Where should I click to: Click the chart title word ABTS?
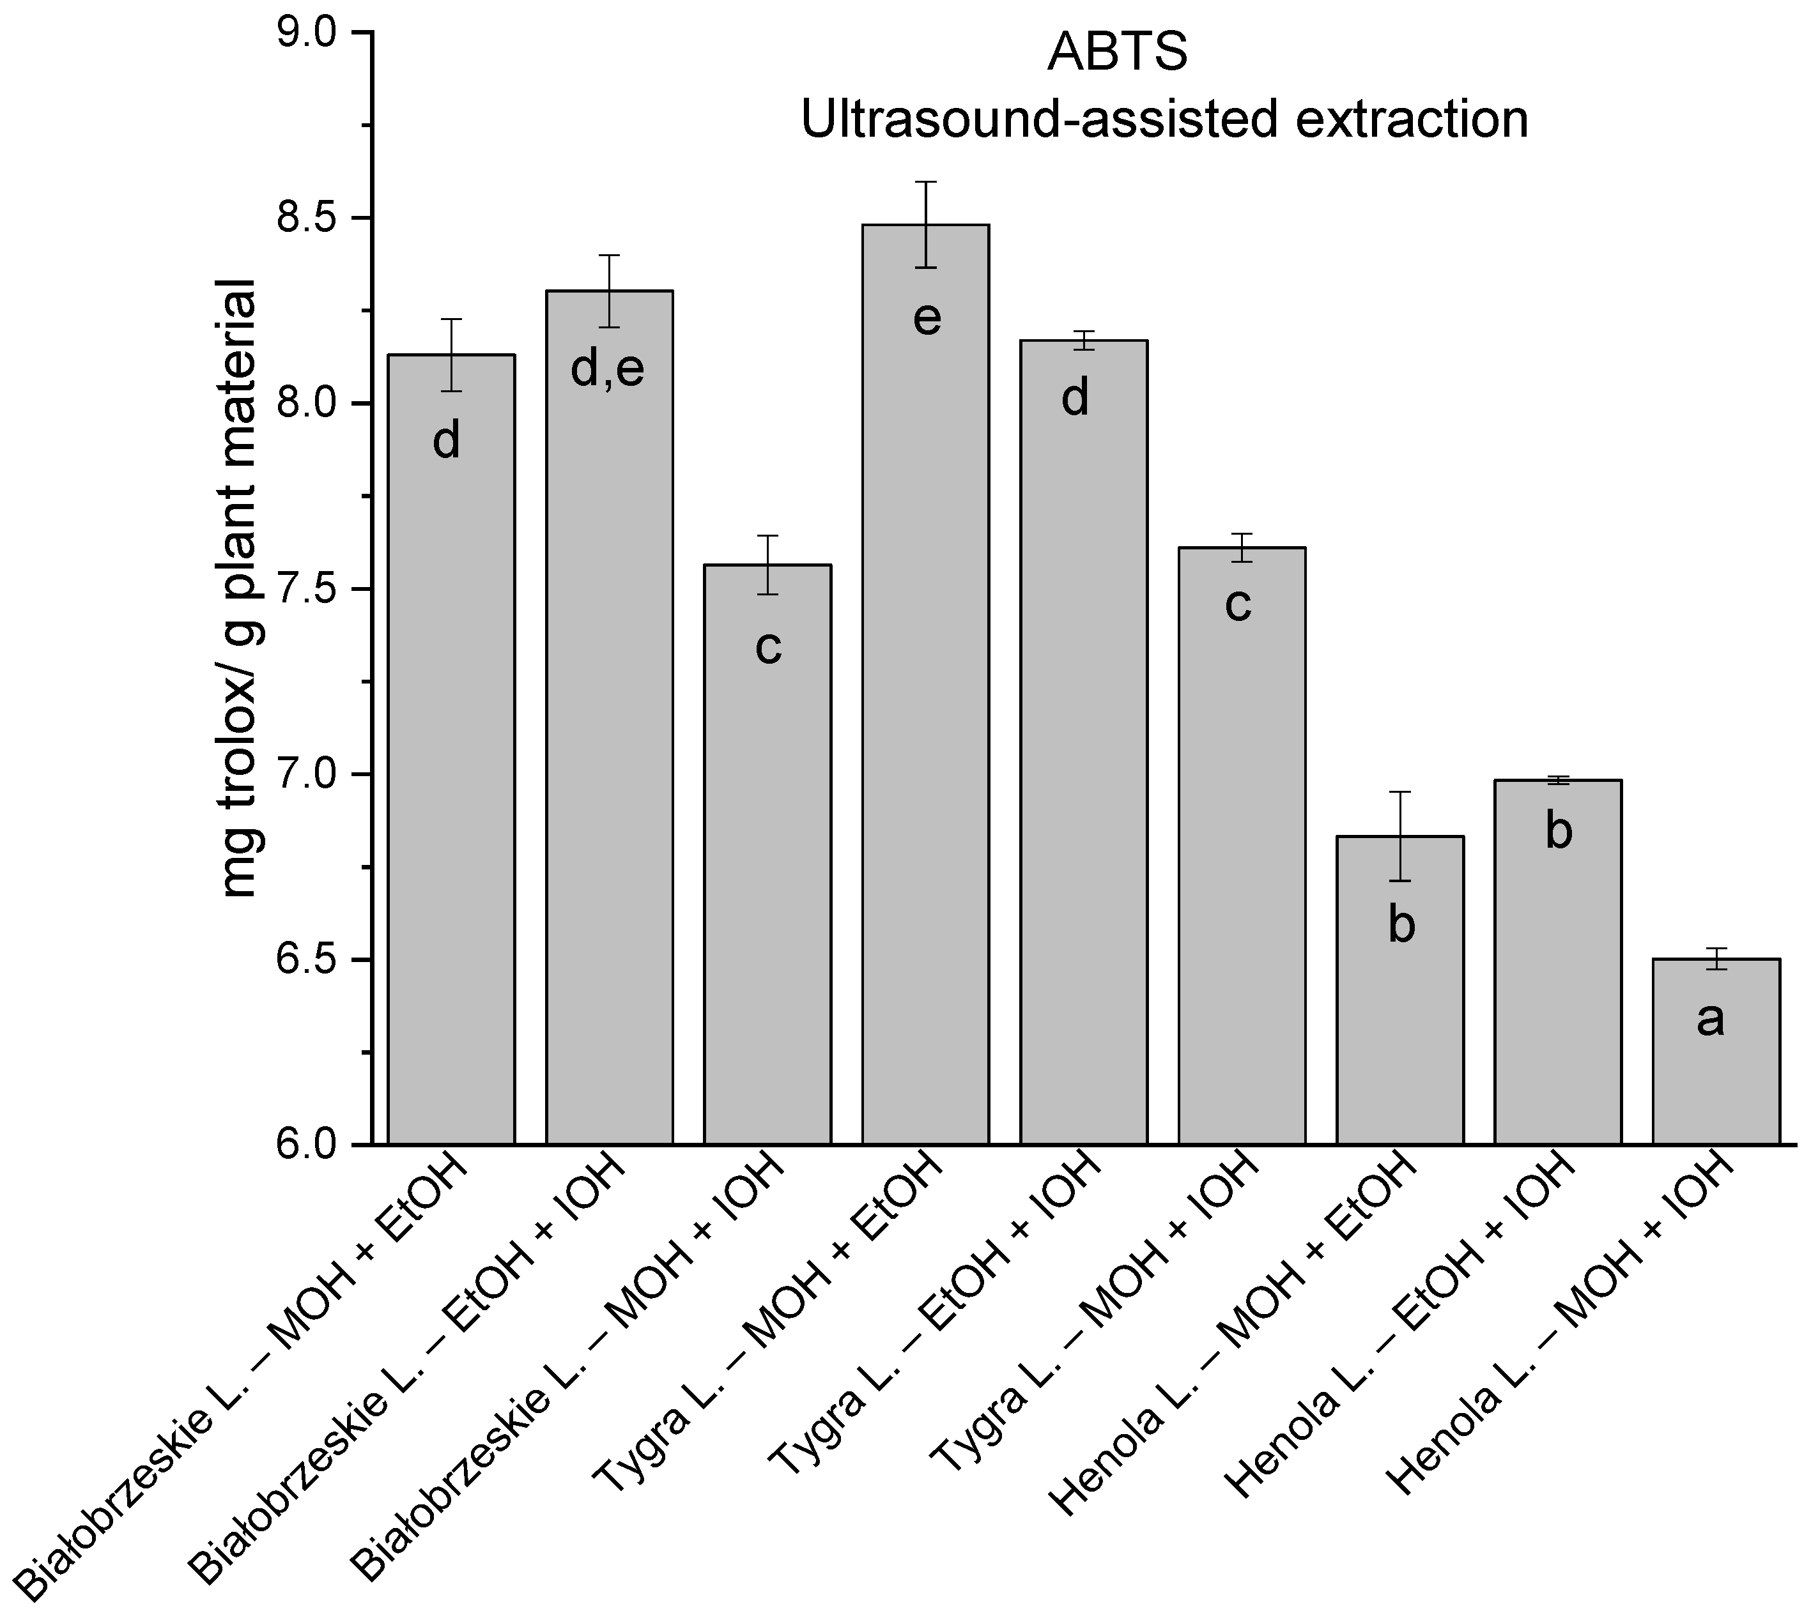1118,54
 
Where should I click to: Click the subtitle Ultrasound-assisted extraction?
1164,120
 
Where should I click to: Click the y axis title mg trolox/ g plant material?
238,588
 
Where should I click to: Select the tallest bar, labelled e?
926,712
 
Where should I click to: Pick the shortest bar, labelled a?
1716,1068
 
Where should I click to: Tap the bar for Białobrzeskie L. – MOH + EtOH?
451,756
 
